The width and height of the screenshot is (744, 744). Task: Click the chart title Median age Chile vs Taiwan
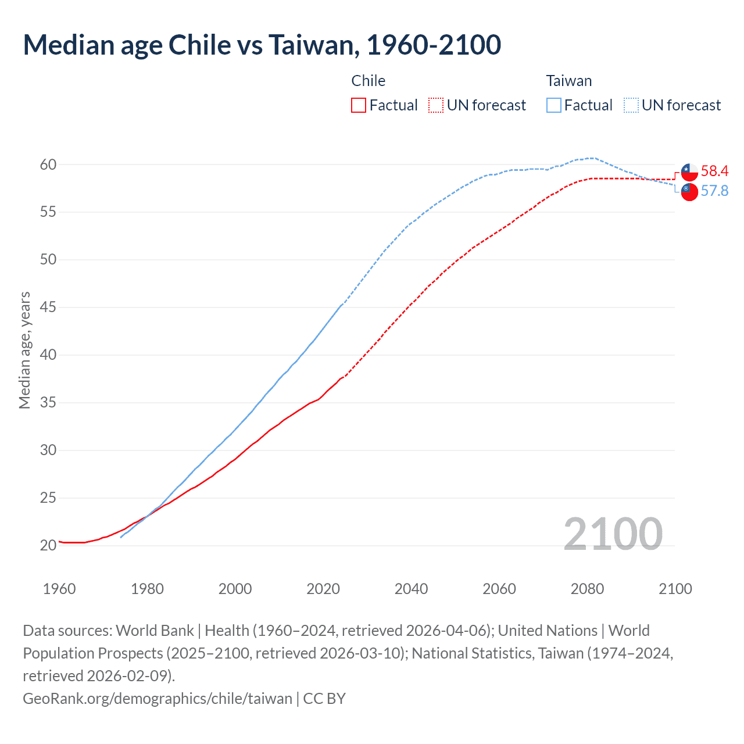point(262,45)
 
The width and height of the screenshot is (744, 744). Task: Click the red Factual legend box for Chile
point(359,105)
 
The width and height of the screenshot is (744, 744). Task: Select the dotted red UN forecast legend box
point(436,105)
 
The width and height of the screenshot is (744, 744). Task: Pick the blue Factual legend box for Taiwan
point(554,105)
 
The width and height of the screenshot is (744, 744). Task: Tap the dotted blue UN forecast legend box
point(631,105)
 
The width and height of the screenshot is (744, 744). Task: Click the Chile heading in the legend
point(369,81)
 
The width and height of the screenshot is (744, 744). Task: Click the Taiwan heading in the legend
point(568,81)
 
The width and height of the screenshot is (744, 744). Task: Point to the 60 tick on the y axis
point(48,164)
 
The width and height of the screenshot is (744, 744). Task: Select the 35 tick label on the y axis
point(48,402)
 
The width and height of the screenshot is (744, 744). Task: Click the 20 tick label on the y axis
point(48,545)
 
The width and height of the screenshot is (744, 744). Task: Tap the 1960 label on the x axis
point(59,589)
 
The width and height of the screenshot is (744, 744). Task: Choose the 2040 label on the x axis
point(411,589)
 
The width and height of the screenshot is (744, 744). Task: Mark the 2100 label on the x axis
point(675,589)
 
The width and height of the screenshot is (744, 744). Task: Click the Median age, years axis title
point(24,350)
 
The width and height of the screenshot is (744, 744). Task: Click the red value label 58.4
point(714,171)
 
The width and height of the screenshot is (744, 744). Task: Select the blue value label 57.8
point(714,191)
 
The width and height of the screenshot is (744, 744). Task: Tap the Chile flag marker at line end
point(689,172)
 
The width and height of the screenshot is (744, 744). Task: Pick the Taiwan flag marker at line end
point(689,192)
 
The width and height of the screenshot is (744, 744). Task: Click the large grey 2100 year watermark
point(613,534)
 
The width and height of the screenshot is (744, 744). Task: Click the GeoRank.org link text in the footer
point(157,698)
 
